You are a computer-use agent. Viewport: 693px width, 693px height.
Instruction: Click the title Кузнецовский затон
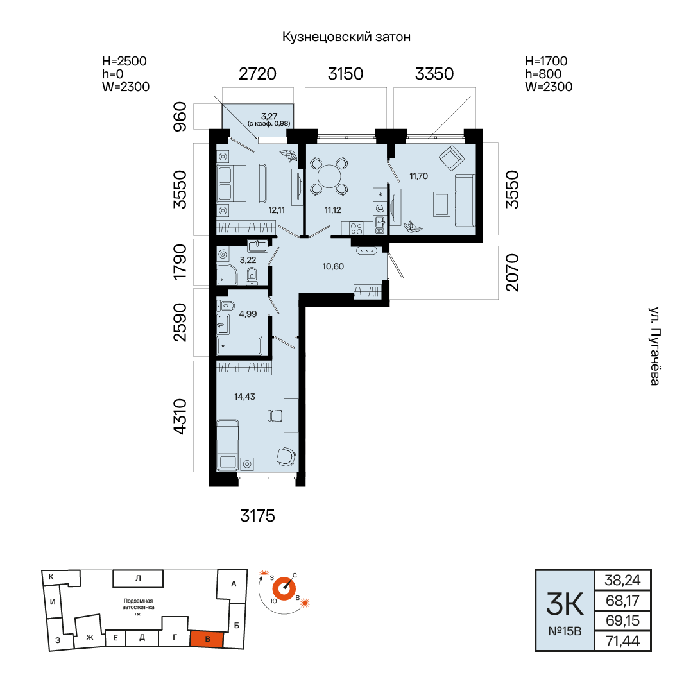[x=346, y=37]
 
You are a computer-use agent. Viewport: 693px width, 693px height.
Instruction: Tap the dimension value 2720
[x=257, y=74]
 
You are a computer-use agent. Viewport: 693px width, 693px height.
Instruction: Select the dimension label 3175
[x=257, y=516]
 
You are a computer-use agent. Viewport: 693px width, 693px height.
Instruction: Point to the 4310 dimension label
[x=180, y=416]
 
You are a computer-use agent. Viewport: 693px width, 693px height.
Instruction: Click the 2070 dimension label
[x=512, y=272]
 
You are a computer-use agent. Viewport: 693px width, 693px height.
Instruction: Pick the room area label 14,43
[x=244, y=397]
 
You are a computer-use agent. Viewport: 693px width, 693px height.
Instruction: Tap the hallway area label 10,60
[x=333, y=266]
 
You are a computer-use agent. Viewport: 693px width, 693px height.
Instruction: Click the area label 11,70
[x=418, y=176]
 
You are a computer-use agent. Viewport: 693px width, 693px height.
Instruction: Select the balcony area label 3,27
[x=269, y=116]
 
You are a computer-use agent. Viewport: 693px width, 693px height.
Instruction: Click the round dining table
[x=329, y=176]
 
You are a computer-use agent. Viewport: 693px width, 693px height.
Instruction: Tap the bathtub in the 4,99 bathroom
[x=239, y=345]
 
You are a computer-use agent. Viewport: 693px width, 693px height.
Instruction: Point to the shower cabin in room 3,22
[x=227, y=275]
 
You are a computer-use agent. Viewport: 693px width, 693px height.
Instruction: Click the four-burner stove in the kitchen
[x=356, y=228]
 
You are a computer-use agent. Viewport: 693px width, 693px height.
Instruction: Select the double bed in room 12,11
[x=241, y=184]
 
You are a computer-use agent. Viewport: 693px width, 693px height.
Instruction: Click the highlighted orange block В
[x=207, y=639]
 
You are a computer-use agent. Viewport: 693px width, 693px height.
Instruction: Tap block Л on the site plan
[x=138, y=578]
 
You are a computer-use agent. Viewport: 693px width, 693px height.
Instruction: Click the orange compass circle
[x=284, y=589]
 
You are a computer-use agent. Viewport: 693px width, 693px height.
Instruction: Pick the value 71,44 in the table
[x=622, y=641]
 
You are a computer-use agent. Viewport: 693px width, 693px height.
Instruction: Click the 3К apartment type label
[x=565, y=604]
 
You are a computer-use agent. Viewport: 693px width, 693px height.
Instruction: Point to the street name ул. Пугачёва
[x=654, y=346]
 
